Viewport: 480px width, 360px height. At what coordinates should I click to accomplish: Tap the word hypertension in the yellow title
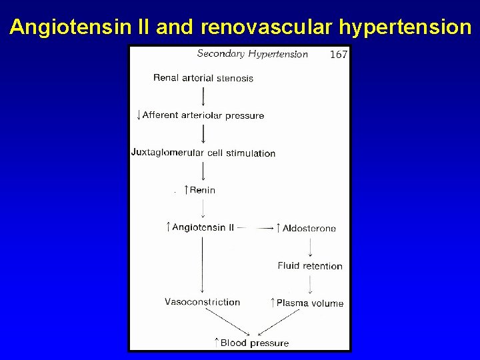[x=405, y=27]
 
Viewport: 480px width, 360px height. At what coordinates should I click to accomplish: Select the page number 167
[x=339, y=55]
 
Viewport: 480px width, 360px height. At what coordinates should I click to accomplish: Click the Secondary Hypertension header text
[x=252, y=54]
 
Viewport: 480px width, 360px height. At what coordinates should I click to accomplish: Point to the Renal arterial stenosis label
[x=203, y=78]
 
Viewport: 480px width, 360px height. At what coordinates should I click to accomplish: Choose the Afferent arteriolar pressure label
[x=203, y=115]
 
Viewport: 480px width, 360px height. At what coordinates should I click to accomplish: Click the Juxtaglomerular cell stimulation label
[x=203, y=153]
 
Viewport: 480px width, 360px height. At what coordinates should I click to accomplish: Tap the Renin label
[x=202, y=190]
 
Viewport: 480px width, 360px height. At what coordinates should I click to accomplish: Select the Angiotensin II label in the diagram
[x=203, y=227]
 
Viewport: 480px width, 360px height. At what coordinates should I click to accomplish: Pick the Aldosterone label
[x=309, y=228]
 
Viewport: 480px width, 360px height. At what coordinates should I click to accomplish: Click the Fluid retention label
[x=310, y=266]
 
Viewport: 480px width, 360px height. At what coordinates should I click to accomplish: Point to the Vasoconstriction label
[x=203, y=302]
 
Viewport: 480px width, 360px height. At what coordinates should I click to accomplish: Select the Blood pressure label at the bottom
[x=254, y=343]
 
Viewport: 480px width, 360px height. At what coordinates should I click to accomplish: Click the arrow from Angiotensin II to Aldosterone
[x=257, y=228]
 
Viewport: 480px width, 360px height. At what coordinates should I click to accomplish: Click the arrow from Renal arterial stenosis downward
[x=203, y=96]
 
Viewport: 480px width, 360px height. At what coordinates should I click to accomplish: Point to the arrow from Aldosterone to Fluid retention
[x=310, y=247]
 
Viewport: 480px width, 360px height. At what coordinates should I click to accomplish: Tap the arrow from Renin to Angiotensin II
[x=203, y=208]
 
